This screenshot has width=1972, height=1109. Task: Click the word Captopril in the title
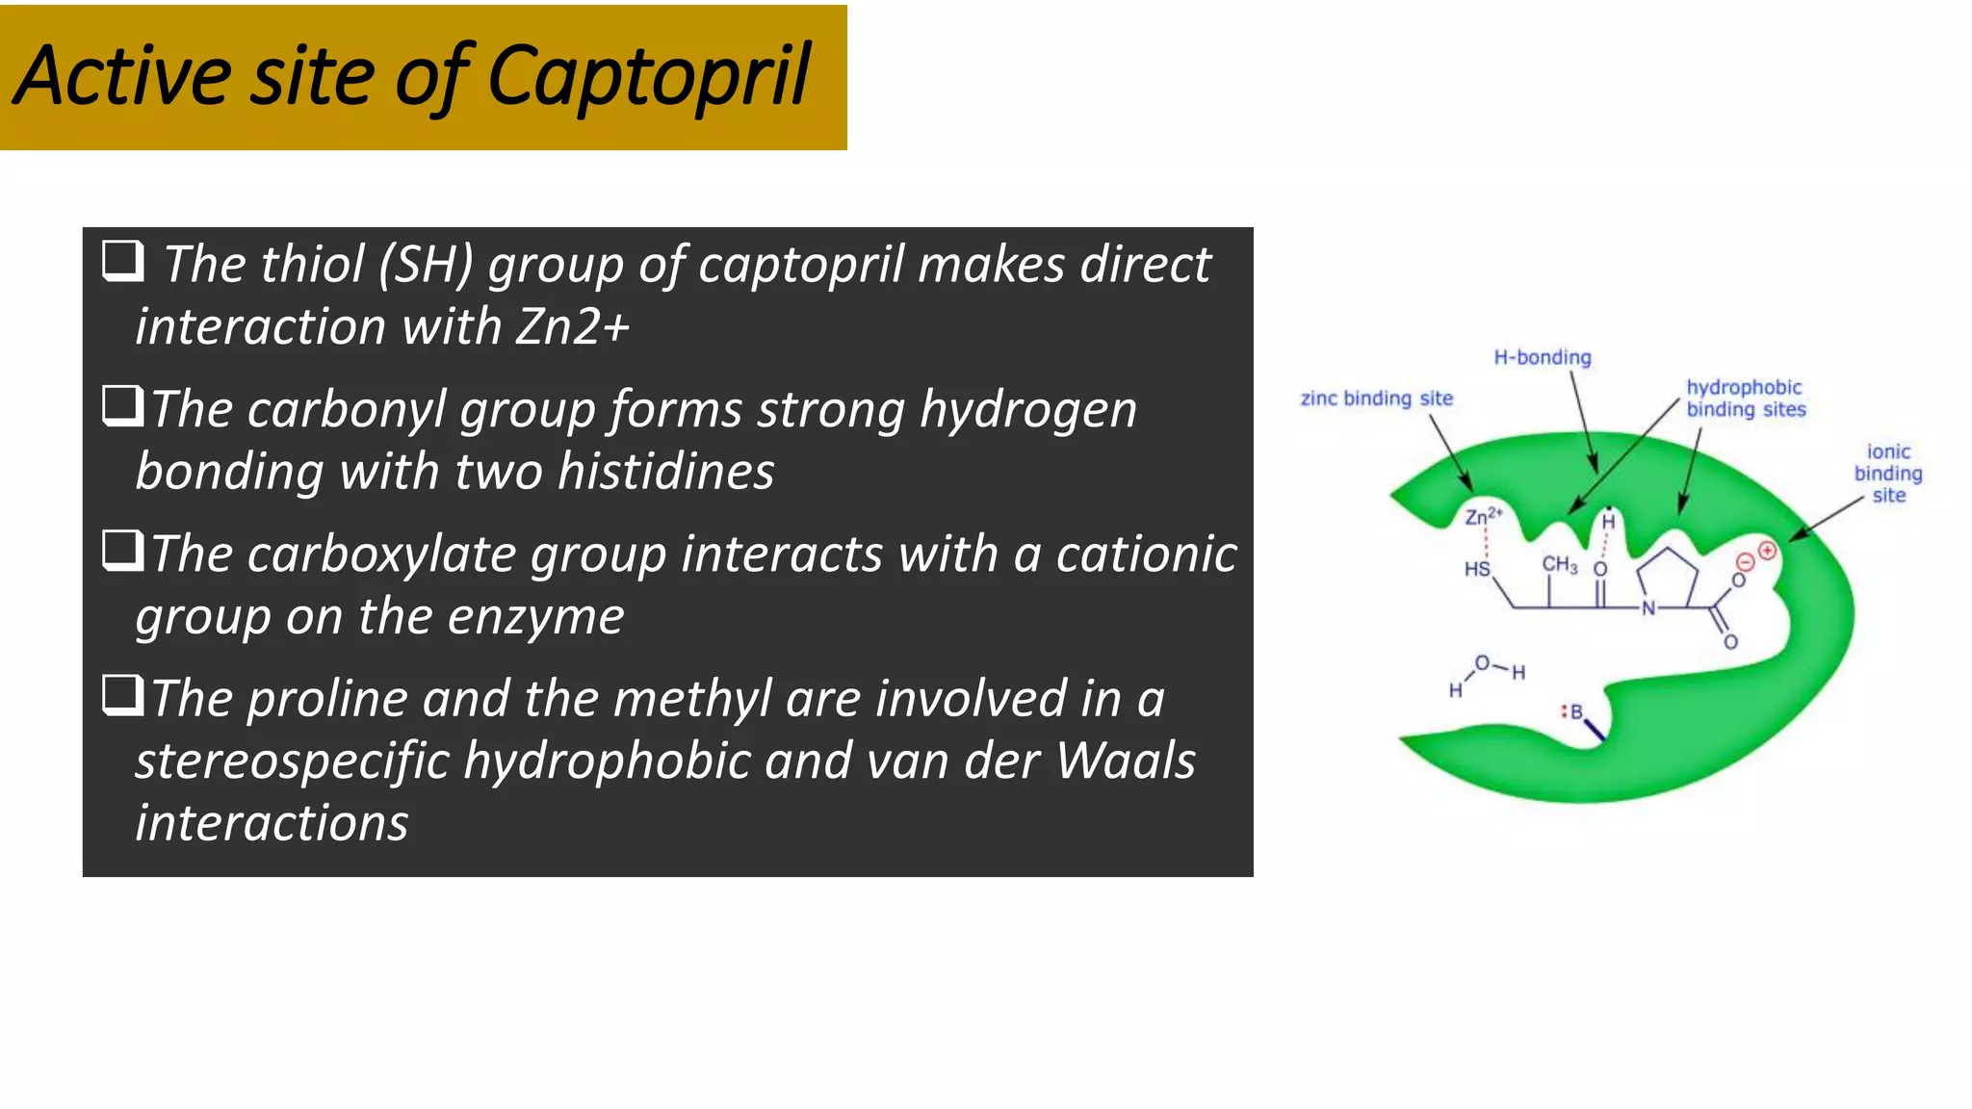648,77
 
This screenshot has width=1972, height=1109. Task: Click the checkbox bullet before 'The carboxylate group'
122,551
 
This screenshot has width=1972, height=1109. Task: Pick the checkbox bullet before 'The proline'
122,695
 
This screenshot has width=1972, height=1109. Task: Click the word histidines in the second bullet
665,472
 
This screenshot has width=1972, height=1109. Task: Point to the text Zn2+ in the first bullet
572,326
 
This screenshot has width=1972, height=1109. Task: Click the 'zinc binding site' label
1376,399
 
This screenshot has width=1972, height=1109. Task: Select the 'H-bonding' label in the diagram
1543,357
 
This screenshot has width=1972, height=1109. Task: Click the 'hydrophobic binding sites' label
1745,398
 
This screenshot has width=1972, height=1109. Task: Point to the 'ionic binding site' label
1888,473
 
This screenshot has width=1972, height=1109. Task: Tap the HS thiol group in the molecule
1477,569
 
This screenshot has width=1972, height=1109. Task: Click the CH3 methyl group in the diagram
1559,564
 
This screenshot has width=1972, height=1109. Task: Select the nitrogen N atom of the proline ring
1648,608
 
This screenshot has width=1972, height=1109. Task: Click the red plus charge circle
1767,551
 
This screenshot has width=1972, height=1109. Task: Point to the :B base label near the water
1572,712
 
